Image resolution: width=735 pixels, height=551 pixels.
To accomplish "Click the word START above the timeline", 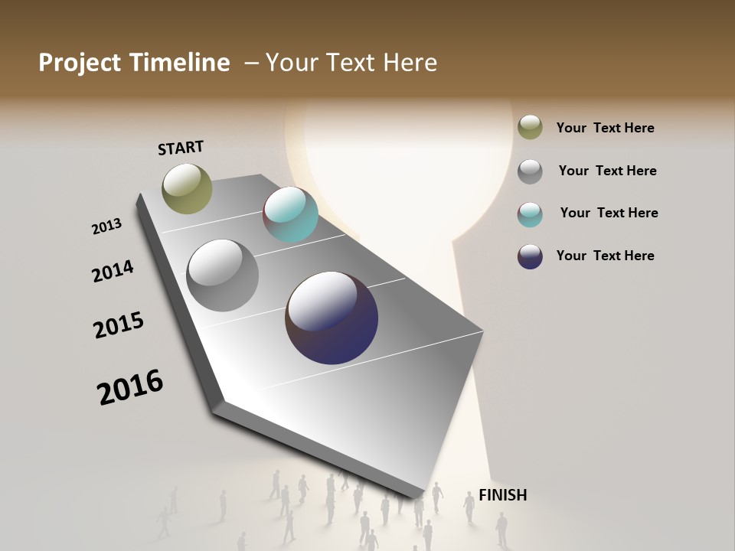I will [x=181, y=148].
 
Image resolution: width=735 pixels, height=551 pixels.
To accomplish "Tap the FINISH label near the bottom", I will [x=502, y=495].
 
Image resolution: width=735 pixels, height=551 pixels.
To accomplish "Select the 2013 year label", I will [x=106, y=226].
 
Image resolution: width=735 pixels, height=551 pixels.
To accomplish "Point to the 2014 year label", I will [x=113, y=271].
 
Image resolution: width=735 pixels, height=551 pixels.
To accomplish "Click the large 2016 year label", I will [x=130, y=386].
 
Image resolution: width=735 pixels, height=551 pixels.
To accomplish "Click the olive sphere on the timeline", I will [x=187, y=188].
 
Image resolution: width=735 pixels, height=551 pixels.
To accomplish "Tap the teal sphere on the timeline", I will [x=290, y=214].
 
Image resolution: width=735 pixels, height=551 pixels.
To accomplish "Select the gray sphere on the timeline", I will [x=222, y=275].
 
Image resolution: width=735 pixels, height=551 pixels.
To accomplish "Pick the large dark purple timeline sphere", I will [x=332, y=318].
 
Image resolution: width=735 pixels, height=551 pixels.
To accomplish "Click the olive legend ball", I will [x=530, y=128].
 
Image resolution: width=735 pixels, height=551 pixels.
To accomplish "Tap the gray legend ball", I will [x=530, y=171].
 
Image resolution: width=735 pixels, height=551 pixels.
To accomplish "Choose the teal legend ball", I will [x=530, y=214].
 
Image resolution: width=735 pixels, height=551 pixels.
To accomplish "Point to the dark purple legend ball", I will [x=530, y=256].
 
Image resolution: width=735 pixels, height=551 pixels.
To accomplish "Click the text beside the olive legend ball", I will [x=605, y=129].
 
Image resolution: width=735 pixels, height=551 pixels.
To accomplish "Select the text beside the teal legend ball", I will [x=609, y=213].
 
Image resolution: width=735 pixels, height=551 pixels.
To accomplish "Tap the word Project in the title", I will [x=79, y=63].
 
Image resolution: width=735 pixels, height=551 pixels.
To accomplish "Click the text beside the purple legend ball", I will [x=605, y=256].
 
